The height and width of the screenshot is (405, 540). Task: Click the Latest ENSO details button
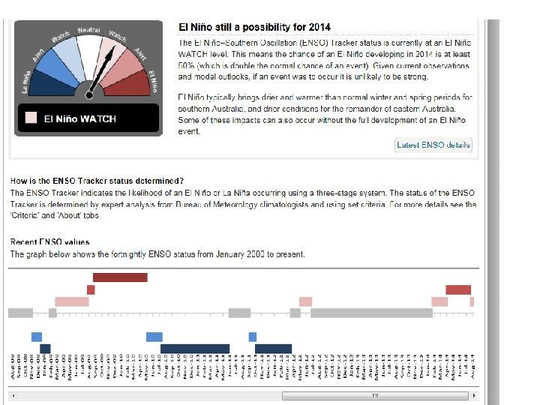pos(433,145)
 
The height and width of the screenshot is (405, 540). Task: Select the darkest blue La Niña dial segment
pos(36,83)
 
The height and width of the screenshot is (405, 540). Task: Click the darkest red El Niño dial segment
pos(142,83)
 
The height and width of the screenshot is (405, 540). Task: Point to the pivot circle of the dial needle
pos(90,93)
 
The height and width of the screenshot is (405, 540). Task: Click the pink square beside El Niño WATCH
pos(31,118)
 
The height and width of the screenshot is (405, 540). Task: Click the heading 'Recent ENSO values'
pos(49,241)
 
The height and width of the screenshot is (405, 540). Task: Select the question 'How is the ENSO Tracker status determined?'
pos(96,181)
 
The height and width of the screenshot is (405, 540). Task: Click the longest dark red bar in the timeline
pos(121,277)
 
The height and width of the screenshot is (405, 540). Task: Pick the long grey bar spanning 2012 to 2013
pos(371,313)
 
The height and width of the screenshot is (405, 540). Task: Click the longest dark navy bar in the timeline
pos(195,348)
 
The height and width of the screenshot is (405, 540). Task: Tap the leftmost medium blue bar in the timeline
pos(37,337)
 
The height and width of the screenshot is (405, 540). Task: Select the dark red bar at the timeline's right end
pos(458,289)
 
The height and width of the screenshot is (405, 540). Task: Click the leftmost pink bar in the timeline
pos(72,301)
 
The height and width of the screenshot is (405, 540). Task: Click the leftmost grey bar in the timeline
pos(20,313)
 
